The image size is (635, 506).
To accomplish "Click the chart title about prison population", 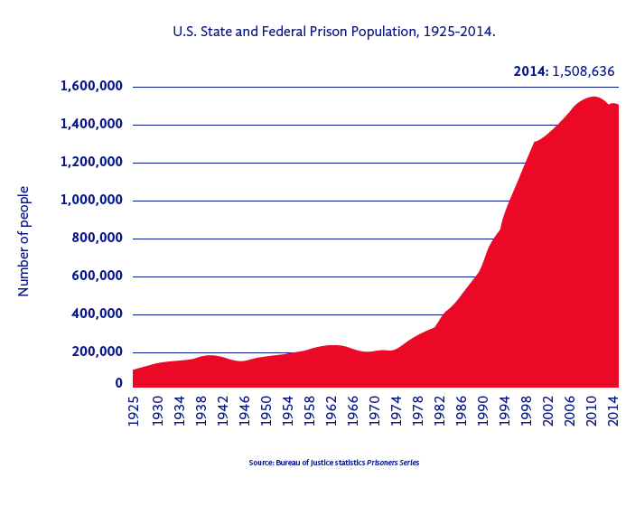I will coord(334,32).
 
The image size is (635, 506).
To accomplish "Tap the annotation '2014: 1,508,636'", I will coord(565,70).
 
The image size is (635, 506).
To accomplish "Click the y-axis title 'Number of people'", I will coord(24,240).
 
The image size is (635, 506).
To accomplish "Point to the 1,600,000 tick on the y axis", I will coord(91,87).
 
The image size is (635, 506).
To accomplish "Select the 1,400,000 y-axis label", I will coord(91,125).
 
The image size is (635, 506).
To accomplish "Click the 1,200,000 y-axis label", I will coord(91,163).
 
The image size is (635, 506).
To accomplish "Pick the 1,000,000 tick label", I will coord(91,201).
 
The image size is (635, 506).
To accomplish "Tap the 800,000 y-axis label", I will coord(98,239).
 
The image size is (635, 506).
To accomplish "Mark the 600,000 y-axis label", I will coord(98,276).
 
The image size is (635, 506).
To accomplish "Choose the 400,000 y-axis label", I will coord(98,314).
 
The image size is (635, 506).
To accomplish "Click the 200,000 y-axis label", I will coord(98,352).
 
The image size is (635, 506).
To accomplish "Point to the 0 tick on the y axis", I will coord(118,383).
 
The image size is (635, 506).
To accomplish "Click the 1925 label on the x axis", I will coord(135,408).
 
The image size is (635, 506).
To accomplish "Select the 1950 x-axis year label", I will coord(266,408).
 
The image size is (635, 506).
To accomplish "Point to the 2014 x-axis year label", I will coord(614,408).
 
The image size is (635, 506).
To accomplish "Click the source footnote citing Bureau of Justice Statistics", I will coord(334,463).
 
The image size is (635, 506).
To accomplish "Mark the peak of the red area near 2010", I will coord(593,97).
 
